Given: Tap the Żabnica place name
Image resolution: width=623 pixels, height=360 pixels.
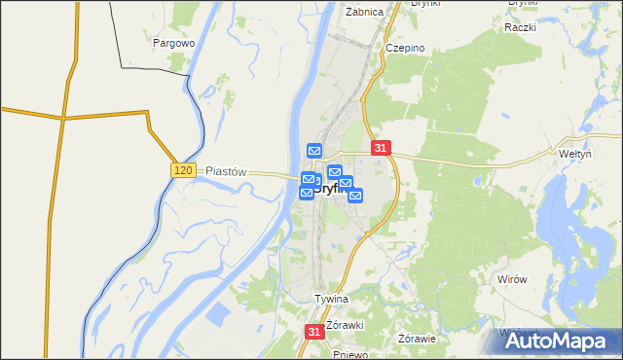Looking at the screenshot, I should (365, 12).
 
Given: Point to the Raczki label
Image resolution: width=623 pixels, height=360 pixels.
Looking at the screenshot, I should (521, 27).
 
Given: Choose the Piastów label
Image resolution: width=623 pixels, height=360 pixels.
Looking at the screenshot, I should (226, 170).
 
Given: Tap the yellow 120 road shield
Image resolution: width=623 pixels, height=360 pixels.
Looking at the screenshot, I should (184, 170).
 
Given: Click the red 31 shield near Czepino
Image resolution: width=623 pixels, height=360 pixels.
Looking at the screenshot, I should (381, 148).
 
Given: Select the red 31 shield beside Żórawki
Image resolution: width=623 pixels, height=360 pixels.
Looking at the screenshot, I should (313, 332).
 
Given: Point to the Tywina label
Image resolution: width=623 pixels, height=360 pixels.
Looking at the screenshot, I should (331, 299).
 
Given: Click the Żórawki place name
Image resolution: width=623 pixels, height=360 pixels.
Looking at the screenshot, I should (345, 324).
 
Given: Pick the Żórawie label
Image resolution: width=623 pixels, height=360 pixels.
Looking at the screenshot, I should (418, 339).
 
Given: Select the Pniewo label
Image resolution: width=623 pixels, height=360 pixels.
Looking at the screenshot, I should (349, 354).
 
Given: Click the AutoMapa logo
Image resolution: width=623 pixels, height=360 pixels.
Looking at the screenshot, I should (561, 341).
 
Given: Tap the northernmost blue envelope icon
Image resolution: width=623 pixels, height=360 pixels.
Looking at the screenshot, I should (314, 151).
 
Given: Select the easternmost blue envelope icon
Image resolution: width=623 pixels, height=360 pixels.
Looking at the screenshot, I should (355, 195).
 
